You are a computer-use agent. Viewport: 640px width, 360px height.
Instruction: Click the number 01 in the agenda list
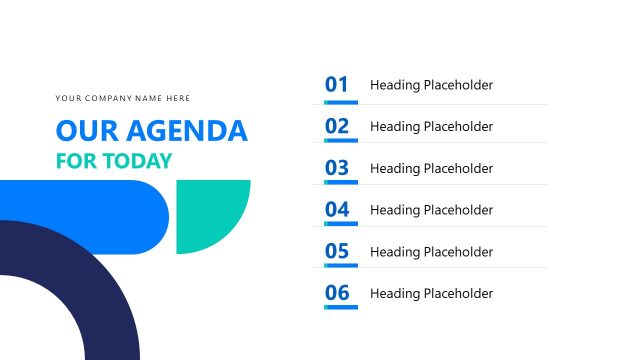[337, 85]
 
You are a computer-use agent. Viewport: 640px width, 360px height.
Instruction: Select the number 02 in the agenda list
[337, 126]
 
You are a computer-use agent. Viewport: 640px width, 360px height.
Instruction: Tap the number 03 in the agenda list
[337, 168]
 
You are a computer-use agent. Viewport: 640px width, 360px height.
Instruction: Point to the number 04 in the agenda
[337, 210]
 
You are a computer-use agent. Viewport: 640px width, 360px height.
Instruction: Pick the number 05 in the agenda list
[337, 251]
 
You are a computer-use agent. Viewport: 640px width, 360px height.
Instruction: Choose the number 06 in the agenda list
[337, 293]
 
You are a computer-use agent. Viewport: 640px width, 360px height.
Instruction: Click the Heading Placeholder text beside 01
[431, 85]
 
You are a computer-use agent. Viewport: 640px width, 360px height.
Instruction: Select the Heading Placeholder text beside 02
[431, 127]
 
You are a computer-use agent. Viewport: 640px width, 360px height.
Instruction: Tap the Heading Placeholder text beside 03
[431, 169]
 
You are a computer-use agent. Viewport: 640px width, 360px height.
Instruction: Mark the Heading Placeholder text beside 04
[431, 210]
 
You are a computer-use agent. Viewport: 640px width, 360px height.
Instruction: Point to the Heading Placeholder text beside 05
[431, 252]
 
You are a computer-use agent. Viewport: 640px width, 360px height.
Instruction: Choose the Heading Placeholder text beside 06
[431, 294]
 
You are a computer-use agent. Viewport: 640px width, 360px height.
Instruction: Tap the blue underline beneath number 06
[340, 307]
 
